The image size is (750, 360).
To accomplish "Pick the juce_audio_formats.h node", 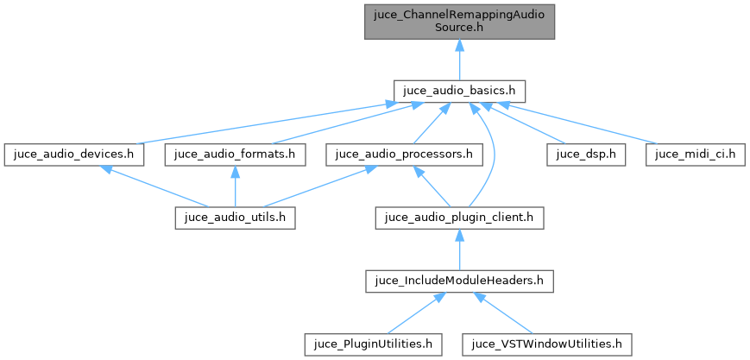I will click(236, 155).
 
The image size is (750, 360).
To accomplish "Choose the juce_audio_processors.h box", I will click(404, 155).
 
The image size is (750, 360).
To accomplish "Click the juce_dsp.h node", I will click(579, 155).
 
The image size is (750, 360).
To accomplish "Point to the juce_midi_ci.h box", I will click(695, 155).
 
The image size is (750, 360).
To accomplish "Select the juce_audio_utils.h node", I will click(236, 218).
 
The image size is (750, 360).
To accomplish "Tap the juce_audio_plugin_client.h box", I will click(459, 218).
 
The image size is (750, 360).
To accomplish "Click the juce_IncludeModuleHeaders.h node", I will click(459, 281).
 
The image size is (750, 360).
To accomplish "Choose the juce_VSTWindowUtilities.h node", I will click(547, 344).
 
